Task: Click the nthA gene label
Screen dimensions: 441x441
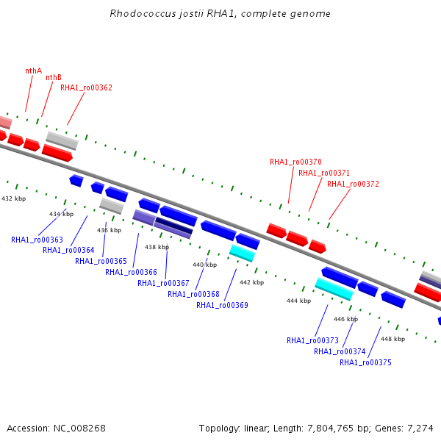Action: pyautogui.click(x=34, y=71)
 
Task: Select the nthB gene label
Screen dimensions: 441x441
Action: pyautogui.click(x=54, y=77)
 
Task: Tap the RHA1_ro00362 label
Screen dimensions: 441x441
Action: pyautogui.click(x=86, y=87)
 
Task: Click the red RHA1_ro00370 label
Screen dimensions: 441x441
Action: pyautogui.click(x=295, y=162)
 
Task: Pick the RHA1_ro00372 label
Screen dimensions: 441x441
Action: pyautogui.click(x=353, y=184)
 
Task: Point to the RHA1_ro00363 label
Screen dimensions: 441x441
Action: pyautogui.click(x=37, y=240)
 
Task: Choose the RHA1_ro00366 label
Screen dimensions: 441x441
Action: pyautogui.click(x=131, y=272)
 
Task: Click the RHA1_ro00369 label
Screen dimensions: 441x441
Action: pyautogui.click(x=222, y=305)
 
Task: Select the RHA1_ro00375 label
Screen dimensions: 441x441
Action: pyautogui.click(x=365, y=362)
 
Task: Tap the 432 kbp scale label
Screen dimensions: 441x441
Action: pyautogui.click(x=13, y=198)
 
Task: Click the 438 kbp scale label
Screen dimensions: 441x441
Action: pyautogui.click(x=157, y=247)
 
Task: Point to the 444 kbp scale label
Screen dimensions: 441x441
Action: pyautogui.click(x=298, y=301)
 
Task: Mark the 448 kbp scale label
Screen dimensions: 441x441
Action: pyautogui.click(x=393, y=339)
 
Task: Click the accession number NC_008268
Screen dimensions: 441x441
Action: pyautogui.click(x=79, y=429)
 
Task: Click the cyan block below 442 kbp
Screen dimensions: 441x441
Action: pyautogui.click(x=243, y=253)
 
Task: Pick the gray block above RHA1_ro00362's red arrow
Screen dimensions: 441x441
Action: pyautogui.click(x=62, y=140)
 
